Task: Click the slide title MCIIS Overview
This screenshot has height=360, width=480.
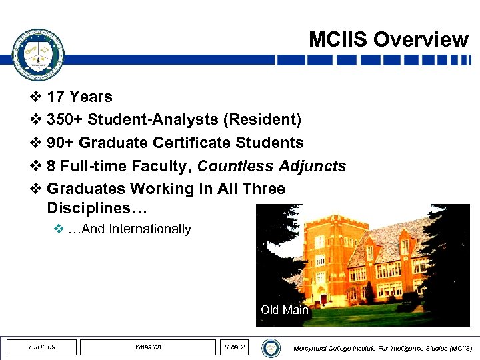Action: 388,39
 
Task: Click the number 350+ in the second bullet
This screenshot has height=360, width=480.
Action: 66,120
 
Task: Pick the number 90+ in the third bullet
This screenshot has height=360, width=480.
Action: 61,143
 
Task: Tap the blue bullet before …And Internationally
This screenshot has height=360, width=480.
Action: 58,230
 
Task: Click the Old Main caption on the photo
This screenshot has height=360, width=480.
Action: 284,310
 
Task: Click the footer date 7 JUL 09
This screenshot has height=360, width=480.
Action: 41,347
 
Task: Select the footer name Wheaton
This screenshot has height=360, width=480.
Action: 148,347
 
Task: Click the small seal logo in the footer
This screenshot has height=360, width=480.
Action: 271,347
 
